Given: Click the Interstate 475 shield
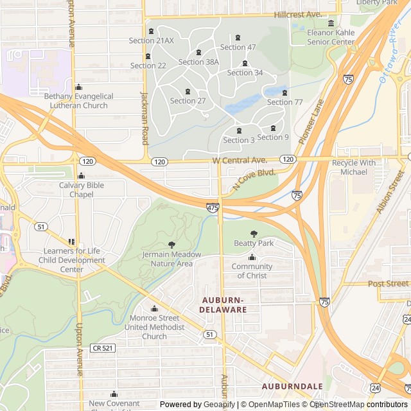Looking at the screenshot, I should click(x=212, y=207).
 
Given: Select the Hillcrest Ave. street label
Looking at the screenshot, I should click(x=297, y=14).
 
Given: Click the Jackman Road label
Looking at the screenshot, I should click(x=144, y=117).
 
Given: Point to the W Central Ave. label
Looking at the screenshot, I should click(x=239, y=159).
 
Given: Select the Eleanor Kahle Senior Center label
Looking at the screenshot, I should click(x=331, y=37).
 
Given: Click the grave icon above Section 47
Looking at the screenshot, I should click(x=238, y=38).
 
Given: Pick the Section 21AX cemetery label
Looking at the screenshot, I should click(x=151, y=40).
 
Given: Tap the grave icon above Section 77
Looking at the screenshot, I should click(x=284, y=92).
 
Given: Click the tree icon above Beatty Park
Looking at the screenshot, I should click(x=254, y=234).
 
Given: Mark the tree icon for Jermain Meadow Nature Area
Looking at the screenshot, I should click(x=171, y=245).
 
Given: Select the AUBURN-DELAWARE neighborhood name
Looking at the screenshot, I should click(x=223, y=304).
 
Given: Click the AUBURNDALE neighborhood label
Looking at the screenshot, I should click(x=292, y=386).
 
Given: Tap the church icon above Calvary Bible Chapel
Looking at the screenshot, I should click(x=81, y=176).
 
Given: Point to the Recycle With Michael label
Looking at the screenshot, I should click(x=354, y=168).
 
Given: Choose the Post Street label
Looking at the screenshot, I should click(x=388, y=283).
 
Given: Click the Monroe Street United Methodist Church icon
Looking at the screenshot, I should click(x=154, y=309).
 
